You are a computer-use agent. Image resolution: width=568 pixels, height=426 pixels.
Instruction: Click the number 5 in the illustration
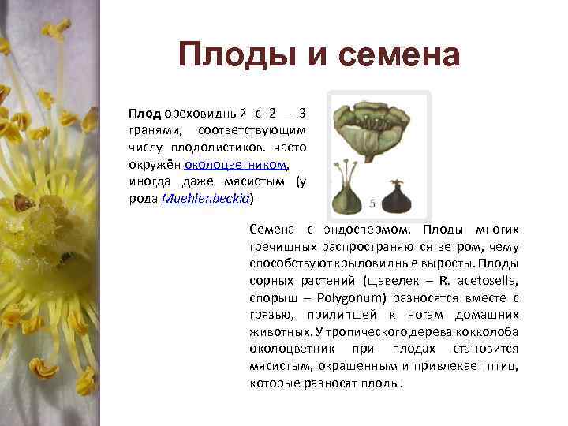click(x=372, y=204)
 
